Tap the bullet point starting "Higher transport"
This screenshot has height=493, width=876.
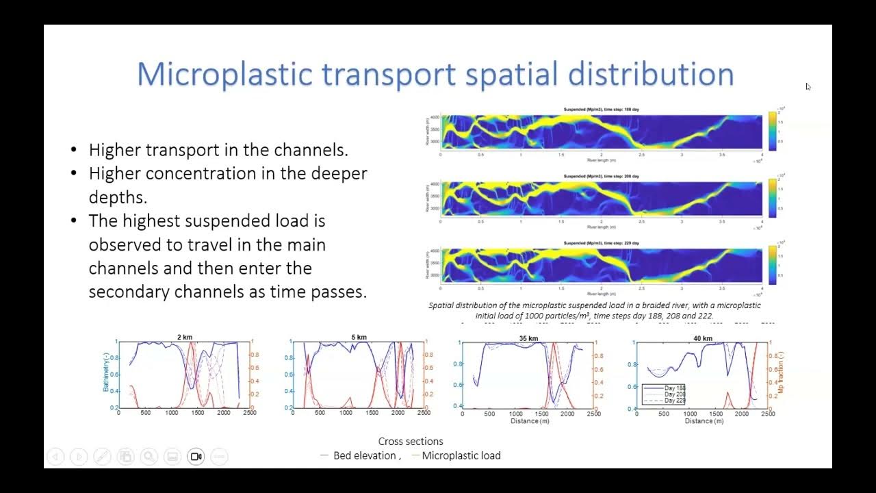point(218,150)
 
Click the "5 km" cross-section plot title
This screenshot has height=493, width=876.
point(359,337)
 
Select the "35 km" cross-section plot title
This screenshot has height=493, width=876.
point(528,338)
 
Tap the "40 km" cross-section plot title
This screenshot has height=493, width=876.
point(702,338)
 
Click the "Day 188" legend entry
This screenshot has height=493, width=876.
point(674,388)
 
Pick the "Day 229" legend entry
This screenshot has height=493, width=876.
point(674,401)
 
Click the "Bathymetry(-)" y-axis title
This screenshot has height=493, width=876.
point(106,374)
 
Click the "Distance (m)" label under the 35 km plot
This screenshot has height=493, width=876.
point(529,421)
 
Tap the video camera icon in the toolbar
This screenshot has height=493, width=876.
point(196,457)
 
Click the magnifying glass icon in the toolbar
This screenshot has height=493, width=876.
point(149,457)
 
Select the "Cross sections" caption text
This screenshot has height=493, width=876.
point(411,442)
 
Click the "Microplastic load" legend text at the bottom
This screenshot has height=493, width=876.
point(461,455)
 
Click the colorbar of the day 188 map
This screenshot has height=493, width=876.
point(772,130)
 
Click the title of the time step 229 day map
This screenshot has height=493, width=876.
point(601,243)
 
